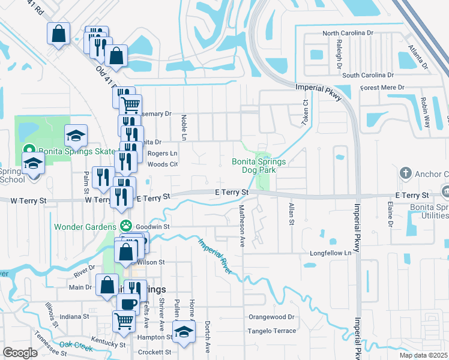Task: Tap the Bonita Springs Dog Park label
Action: point(259,166)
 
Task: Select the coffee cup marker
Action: point(128,304)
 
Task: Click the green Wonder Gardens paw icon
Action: point(125,226)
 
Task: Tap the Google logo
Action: point(20,352)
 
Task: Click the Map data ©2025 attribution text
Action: point(423,355)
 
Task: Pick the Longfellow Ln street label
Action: point(330,253)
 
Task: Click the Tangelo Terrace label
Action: point(273,331)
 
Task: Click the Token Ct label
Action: point(305,112)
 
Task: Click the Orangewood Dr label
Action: point(272,316)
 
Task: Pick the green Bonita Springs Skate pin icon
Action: point(28,151)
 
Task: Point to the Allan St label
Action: point(291,214)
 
